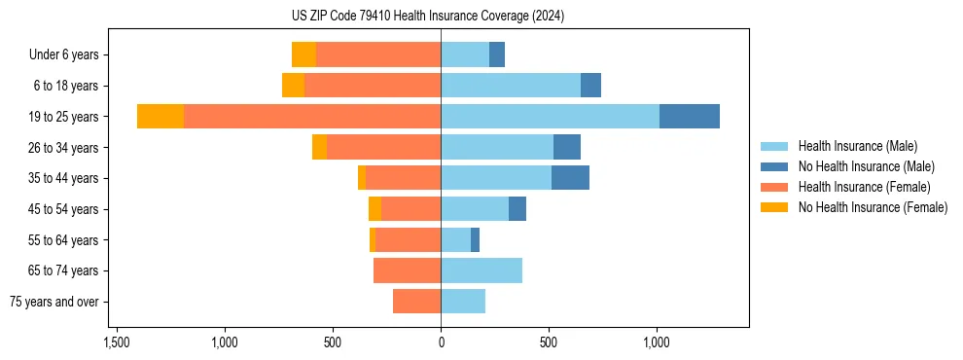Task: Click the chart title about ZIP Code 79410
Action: [441, 16]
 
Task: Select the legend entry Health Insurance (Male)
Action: [857, 146]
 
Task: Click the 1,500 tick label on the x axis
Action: [117, 342]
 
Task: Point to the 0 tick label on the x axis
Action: [441, 342]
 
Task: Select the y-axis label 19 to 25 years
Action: [64, 117]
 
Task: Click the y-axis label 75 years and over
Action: [53, 302]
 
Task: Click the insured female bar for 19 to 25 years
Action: [311, 117]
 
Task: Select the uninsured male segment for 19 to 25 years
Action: [689, 117]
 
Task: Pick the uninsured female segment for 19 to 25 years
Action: [160, 117]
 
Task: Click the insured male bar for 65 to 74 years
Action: [481, 270]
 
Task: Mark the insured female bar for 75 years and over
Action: [416, 302]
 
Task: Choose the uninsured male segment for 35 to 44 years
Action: [570, 178]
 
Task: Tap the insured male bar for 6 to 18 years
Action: [511, 86]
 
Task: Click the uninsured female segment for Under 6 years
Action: [303, 55]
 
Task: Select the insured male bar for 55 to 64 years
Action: [455, 239]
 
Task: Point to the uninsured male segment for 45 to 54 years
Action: [517, 209]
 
